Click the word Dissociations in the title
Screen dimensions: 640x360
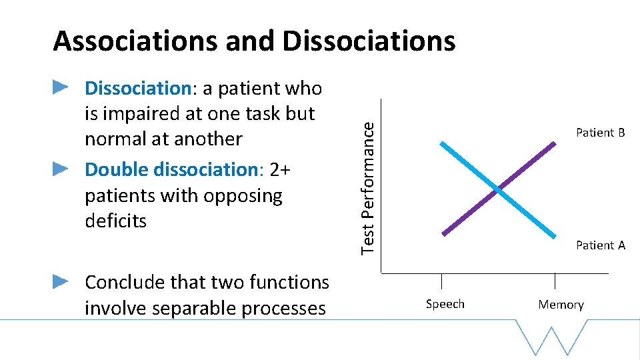point(369,41)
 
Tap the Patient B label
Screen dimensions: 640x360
point(600,133)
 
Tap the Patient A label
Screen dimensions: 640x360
point(600,245)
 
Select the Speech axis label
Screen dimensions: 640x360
point(445,304)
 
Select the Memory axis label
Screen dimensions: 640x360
point(561,305)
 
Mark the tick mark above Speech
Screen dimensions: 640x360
point(441,280)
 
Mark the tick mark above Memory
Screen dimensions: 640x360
point(555,280)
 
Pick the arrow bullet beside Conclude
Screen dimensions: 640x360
point(61,281)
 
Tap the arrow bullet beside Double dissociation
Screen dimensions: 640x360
point(61,168)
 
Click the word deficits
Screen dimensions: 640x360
point(115,221)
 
